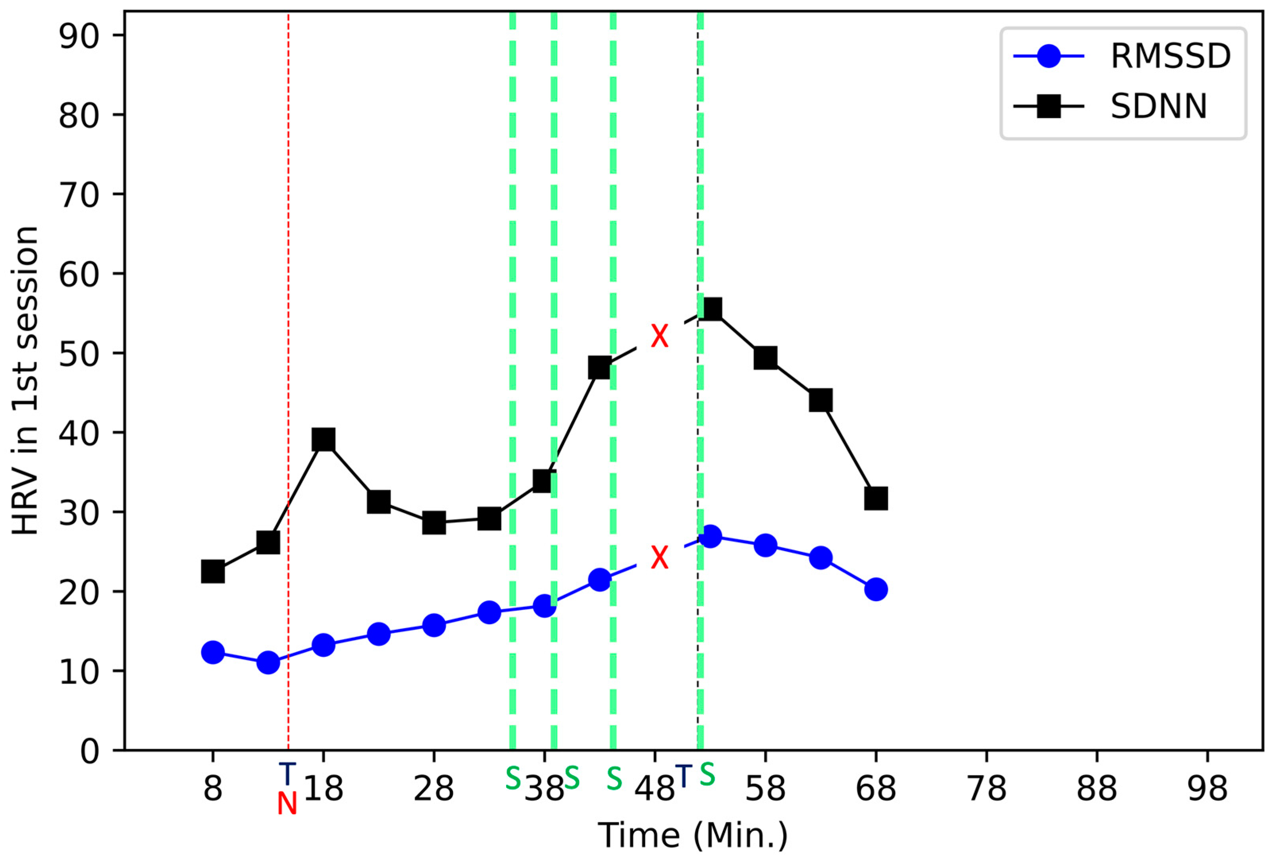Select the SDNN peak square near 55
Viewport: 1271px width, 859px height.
click(x=711, y=309)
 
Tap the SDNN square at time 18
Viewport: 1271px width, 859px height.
click(x=323, y=439)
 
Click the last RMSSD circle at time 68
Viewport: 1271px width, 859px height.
click(x=876, y=589)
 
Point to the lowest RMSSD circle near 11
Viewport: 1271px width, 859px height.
click(x=268, y=662)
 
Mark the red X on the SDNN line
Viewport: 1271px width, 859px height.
click(x=660, y=336)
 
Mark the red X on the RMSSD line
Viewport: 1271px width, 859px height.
click(x=660, y=558)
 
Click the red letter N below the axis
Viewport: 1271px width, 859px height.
click(x=287, y=804)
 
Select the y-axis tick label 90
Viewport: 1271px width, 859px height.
click(x=79, y=36)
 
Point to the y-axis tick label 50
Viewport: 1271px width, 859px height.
click(x=79, y=353)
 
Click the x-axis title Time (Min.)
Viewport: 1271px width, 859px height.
click(x=692, y=836)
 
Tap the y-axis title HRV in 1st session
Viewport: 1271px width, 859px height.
click(x=26, y=380)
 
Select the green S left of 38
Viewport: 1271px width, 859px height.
click(x=512, y=778)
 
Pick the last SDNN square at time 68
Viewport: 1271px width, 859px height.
click(x=876, y=498)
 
